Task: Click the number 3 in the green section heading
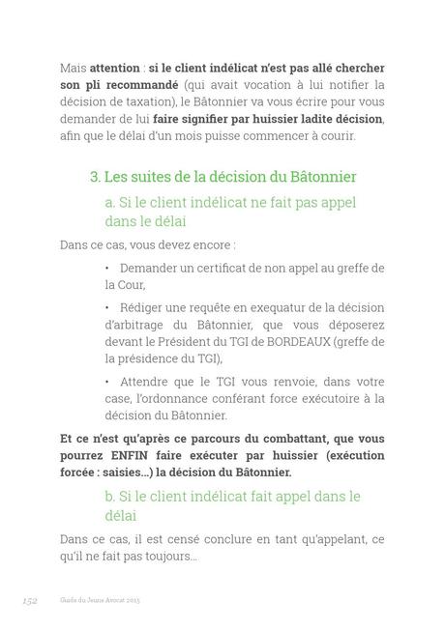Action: pyautogui.click(x=94, y=177)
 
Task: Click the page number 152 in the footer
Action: pyautogui.click(x=29, y=600)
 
